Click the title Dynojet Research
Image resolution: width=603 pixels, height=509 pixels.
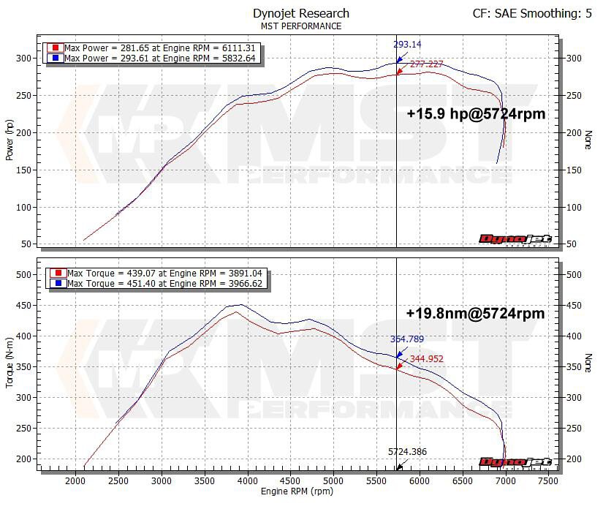[x=300, y=13]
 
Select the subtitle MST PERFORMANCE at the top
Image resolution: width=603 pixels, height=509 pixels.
[x=300, y=26]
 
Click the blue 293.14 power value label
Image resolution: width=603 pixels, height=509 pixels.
[x=408, y=45]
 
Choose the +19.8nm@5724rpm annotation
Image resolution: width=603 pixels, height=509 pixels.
[x=475, y=313]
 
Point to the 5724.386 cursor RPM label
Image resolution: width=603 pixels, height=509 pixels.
[x=408, y=452]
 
